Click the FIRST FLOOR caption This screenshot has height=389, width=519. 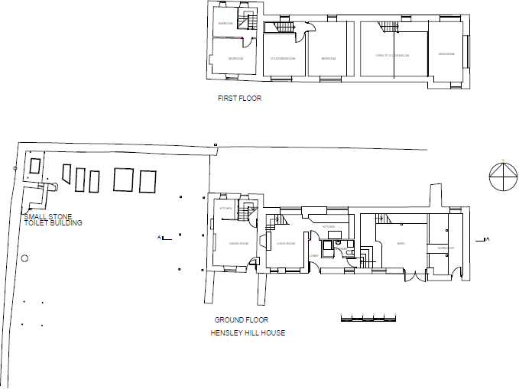[x=239, y=99]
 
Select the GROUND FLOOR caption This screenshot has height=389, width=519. [x=241, y=320]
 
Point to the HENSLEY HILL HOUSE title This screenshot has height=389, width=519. [x=248, y=333]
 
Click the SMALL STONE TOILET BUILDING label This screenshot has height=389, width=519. [x=52, y=220]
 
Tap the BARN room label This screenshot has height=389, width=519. [x=401, y=245]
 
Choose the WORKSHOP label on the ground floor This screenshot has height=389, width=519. [x=446, y=249]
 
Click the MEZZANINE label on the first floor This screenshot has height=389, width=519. [x=446, y=54]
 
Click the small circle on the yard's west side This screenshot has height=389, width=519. [x=24, y=258]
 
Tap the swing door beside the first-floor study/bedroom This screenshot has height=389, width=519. [x=307, y=31]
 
